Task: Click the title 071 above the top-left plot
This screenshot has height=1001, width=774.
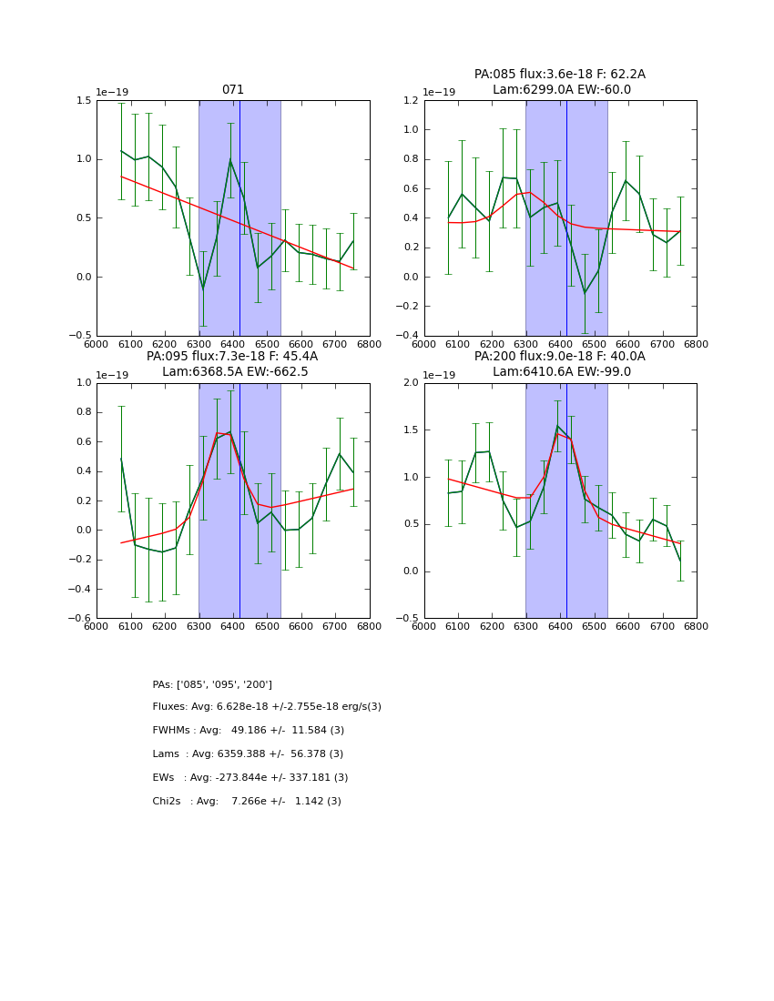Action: tap(233, 90)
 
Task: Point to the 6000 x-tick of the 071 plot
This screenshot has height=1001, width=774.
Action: tap(97, 344)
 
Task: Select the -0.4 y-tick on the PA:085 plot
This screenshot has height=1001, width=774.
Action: tap(410, 336)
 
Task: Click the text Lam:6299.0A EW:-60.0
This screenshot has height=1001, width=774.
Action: tap(561, 90)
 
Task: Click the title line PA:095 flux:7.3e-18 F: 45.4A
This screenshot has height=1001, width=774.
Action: tap(232, 357)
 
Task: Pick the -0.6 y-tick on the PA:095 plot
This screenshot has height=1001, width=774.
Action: tap(82, 619)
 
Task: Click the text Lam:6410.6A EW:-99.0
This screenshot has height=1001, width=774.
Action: tap(561, 372)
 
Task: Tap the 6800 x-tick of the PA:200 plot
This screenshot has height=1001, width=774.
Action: tap(697, 627)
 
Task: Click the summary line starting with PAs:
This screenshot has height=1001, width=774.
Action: tap(212, 684)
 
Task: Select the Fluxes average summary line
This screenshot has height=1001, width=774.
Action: tap(267, 707)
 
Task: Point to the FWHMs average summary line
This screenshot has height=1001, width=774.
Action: tap(249, 731)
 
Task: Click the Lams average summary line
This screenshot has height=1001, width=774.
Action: tap(248, 754)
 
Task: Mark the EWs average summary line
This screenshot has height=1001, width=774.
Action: tap(250, 778)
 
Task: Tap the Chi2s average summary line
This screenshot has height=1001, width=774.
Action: tap(247, 802)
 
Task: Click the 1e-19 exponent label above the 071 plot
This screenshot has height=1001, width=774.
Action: tap(112, 93)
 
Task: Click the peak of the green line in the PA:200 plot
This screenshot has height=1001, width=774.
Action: tap(557, 426)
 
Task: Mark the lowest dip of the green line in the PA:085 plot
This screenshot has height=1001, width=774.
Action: tap(585, 293)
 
